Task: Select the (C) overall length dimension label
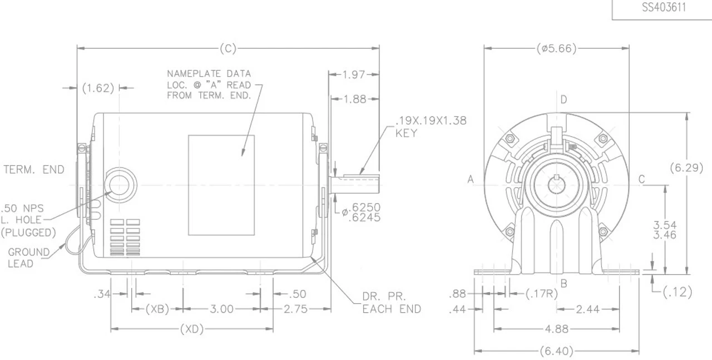228,48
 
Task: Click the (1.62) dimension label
98,88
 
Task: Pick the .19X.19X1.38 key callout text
431,127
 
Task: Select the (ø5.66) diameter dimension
556,48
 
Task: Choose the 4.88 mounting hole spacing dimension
556,329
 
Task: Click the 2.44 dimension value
587,309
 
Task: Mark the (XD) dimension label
192,329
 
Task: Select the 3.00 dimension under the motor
222,309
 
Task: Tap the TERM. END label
33,170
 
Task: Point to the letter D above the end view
563,100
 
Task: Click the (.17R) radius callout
542,293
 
